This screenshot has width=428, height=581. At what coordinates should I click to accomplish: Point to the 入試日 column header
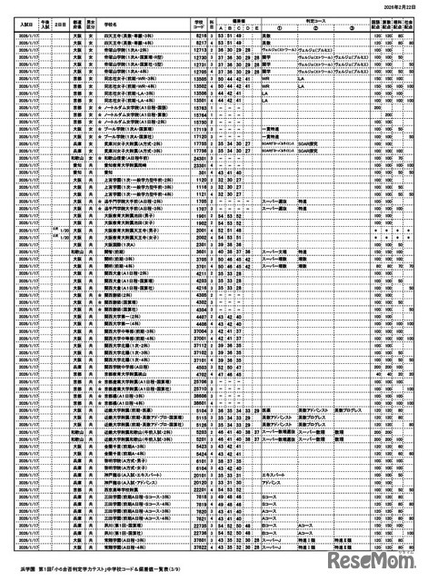17,20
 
